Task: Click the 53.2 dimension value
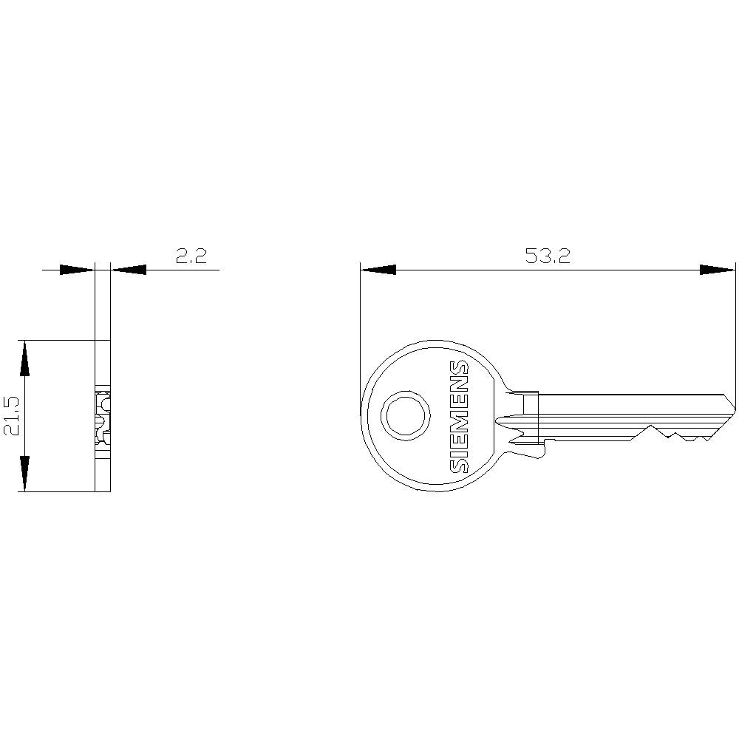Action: click(x=548, y=256)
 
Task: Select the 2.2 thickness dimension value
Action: click(x=191, y=256)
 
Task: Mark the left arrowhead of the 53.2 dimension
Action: click(x=378, y=270)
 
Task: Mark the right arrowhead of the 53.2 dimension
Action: click(x=718, y=270)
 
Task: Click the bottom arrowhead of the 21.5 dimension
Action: click(x=25, y=474)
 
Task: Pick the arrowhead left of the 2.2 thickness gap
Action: click(x=77, y=270)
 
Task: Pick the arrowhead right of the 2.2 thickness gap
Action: click(x=129, y=270)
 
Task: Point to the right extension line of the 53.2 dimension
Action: click(x=736, y=333)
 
